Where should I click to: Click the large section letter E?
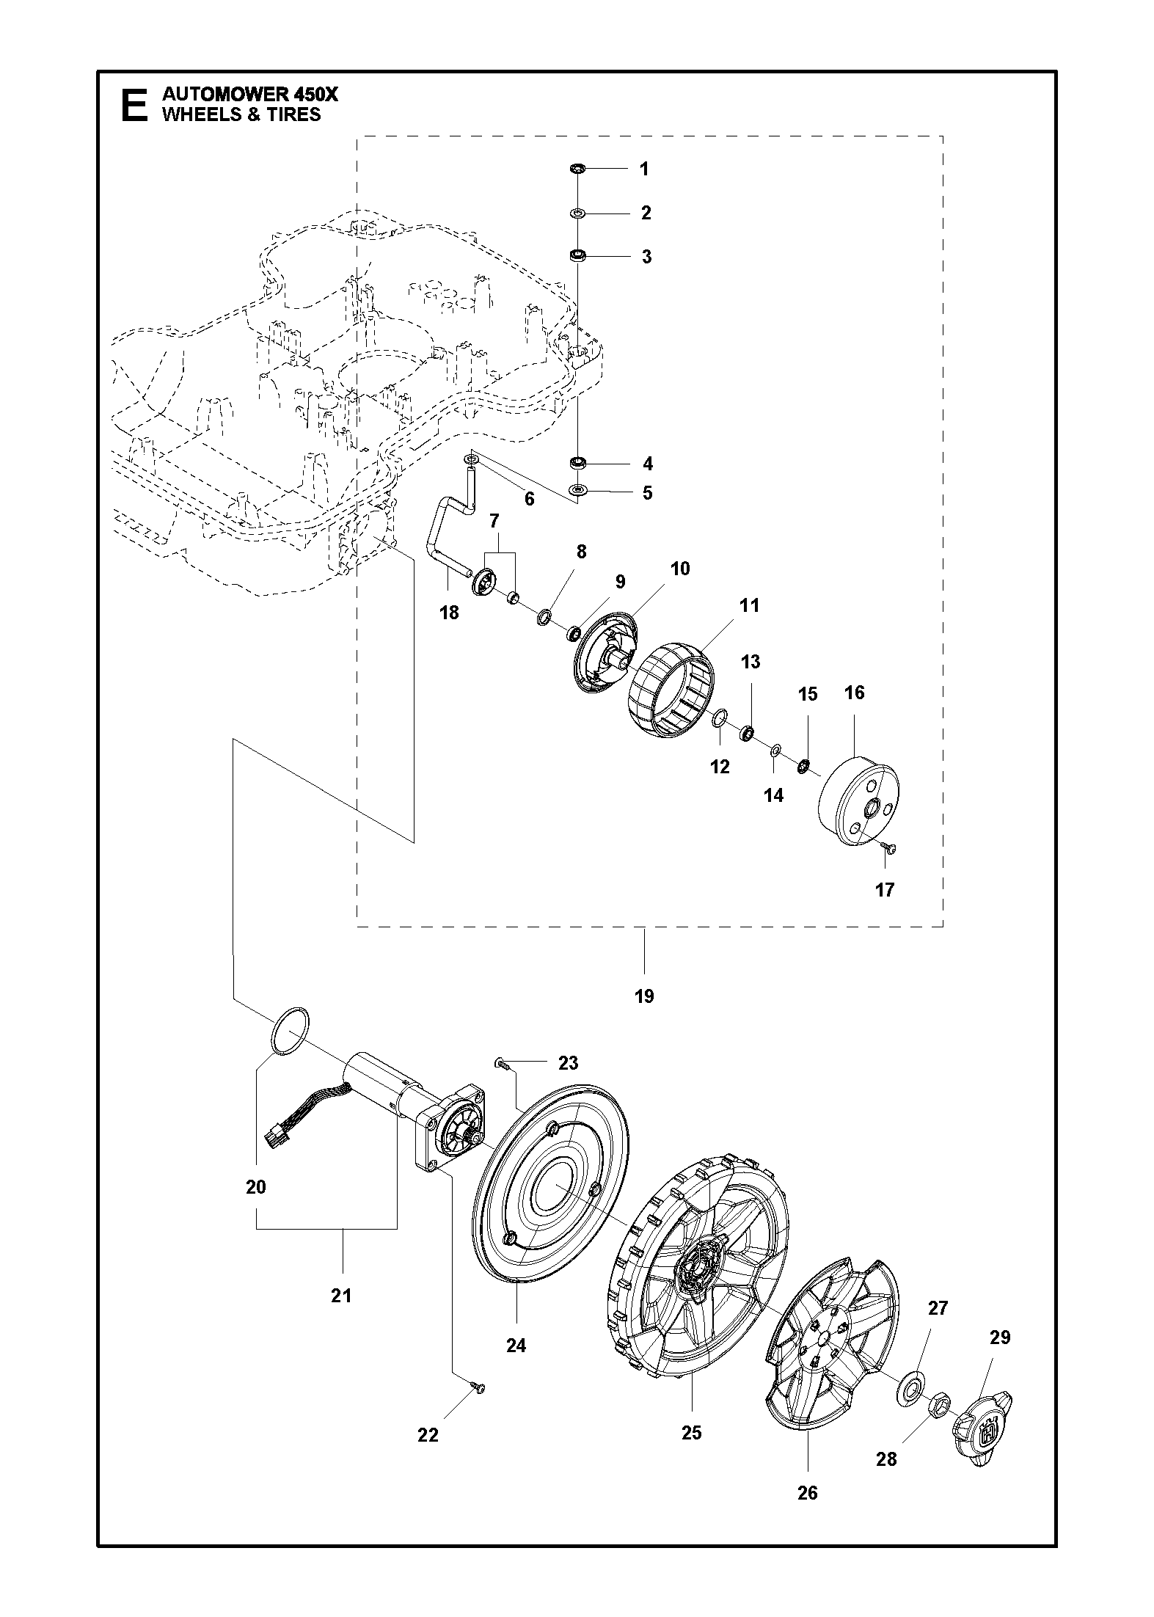tap(133, 105)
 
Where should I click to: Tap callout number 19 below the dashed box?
tap(644, 996)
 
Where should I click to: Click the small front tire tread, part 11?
tap(672, 690)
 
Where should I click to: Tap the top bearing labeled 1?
tap(577, 169)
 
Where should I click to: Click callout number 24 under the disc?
tap(516, 1345)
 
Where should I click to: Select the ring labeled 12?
tap(720, 717)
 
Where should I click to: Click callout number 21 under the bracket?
tap(341, 1296)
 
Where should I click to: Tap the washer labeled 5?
tap(578, 489)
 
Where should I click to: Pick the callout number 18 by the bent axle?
tap(449, 612)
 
